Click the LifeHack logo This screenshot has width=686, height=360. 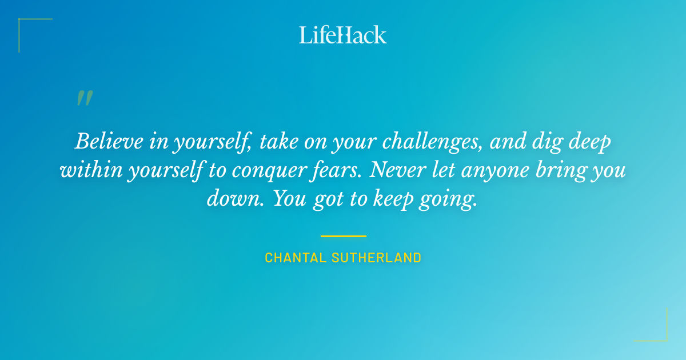pos(343,34)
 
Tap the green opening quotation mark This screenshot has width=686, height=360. pos(85,99)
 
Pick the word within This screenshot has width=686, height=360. pos(87,170)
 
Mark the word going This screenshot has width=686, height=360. pos(449,200)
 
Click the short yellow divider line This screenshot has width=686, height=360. pos(343,235)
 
